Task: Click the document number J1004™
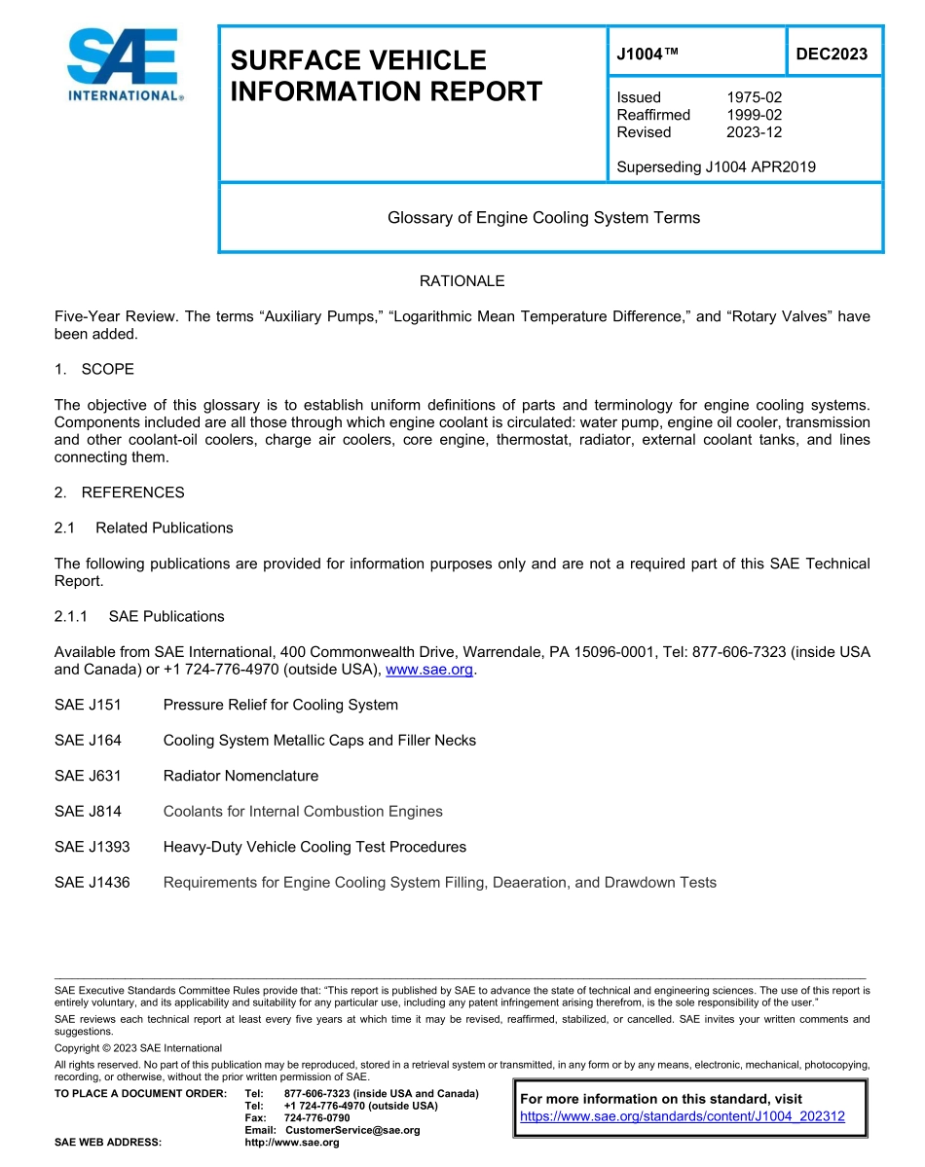[x=646, y=55]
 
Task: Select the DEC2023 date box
[x=832, y=55]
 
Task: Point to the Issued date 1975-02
[x=754, y=97]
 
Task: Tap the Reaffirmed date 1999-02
[x=754, y=115]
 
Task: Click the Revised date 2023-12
[x=754, y=132]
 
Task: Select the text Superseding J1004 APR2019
[x=716, y=166]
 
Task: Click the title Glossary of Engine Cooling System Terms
[x=543, y=218]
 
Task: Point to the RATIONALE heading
[x=462, y=281]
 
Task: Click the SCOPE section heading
[x=107, y=369]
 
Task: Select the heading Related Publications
[x=164, y=528]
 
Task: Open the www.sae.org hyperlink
[x=429, y=670]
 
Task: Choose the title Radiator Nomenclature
[x=240, y=776]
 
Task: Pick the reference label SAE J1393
[x=92, y=847]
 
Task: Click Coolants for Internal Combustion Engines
[x=303, y=812]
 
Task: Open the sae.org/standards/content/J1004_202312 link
[x=682, y=1116]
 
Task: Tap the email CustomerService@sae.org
[x=352, y=1130]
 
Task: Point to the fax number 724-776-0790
[x=316, y=1118]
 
